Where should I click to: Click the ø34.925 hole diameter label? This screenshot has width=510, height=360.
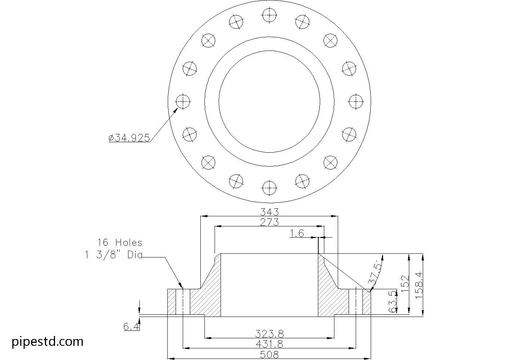[x=129, y=138]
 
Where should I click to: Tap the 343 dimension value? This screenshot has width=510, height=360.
[x=269, y=212]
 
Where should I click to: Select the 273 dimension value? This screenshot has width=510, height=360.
[x=269, y=222]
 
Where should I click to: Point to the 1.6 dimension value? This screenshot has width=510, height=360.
[x=297, y=233]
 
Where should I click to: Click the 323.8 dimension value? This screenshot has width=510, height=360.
[x=269, y=334]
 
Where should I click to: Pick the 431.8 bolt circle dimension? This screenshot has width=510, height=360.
[x=269, y=344]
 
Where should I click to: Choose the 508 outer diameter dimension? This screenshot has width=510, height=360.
[x=269, y=354]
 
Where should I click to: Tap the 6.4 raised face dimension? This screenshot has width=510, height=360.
[x=131, y=327]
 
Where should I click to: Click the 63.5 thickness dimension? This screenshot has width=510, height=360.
[x=392, y=302]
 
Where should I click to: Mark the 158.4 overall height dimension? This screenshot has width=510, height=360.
[x=419, y=285]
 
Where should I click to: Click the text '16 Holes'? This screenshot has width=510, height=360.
[x=120, y=242]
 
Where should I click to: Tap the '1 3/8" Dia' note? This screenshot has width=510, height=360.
[x=113, y=255]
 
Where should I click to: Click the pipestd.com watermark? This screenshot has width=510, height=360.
[x=48, y=342]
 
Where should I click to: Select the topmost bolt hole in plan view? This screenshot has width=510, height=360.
[x=269, y=15]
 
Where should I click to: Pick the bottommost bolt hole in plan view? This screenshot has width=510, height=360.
[x=269, y=188]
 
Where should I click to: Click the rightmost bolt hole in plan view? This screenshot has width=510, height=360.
[x=356, y=101]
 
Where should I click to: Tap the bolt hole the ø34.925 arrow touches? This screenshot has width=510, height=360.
[x=183, y=101]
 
